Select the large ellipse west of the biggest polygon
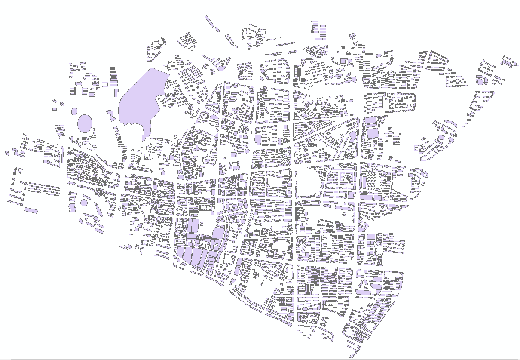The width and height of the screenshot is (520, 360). pos(85,123)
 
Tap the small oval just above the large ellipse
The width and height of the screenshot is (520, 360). pos(74,111)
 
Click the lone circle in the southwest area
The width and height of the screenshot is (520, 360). pos(84,202)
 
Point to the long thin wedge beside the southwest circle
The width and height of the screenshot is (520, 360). pos(98,209)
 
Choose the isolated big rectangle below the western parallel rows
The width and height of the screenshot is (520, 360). pos(31,210)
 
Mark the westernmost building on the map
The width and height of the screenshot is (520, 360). pos(7,153)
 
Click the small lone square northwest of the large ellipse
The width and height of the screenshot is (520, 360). pos(55,109)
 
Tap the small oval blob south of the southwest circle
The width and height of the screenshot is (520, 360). pos(80,221)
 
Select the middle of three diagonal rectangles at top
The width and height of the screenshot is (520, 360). pos(217,29)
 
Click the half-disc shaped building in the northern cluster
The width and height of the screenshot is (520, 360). pos(221,68)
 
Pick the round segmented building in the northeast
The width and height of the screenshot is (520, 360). pos(480,80)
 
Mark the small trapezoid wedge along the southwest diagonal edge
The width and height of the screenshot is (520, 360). pos(175,259)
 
